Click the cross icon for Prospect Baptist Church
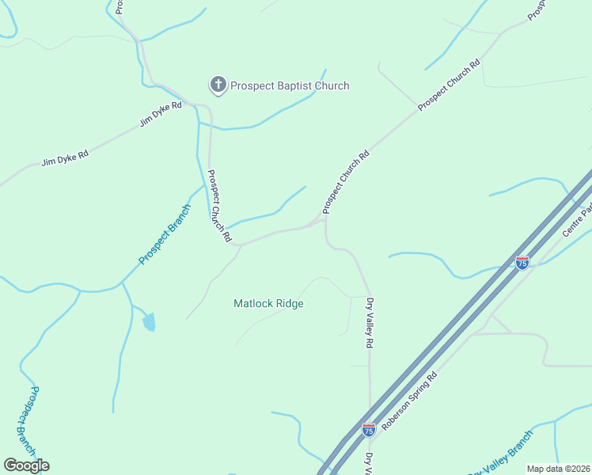(218, 85)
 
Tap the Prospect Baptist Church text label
(290, 85)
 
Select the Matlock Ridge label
(268, 303)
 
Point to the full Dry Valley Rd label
(369, 323)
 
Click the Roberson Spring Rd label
(410, 402)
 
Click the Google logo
(26, 465)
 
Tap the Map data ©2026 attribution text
(558, 469)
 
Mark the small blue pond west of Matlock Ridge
(149, 321)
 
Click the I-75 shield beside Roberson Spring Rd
(369, 430)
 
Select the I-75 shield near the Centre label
(522, 262)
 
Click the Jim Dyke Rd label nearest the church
(161, 115)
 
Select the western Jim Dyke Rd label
(65, 159)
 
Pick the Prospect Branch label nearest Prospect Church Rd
(165, 234)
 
